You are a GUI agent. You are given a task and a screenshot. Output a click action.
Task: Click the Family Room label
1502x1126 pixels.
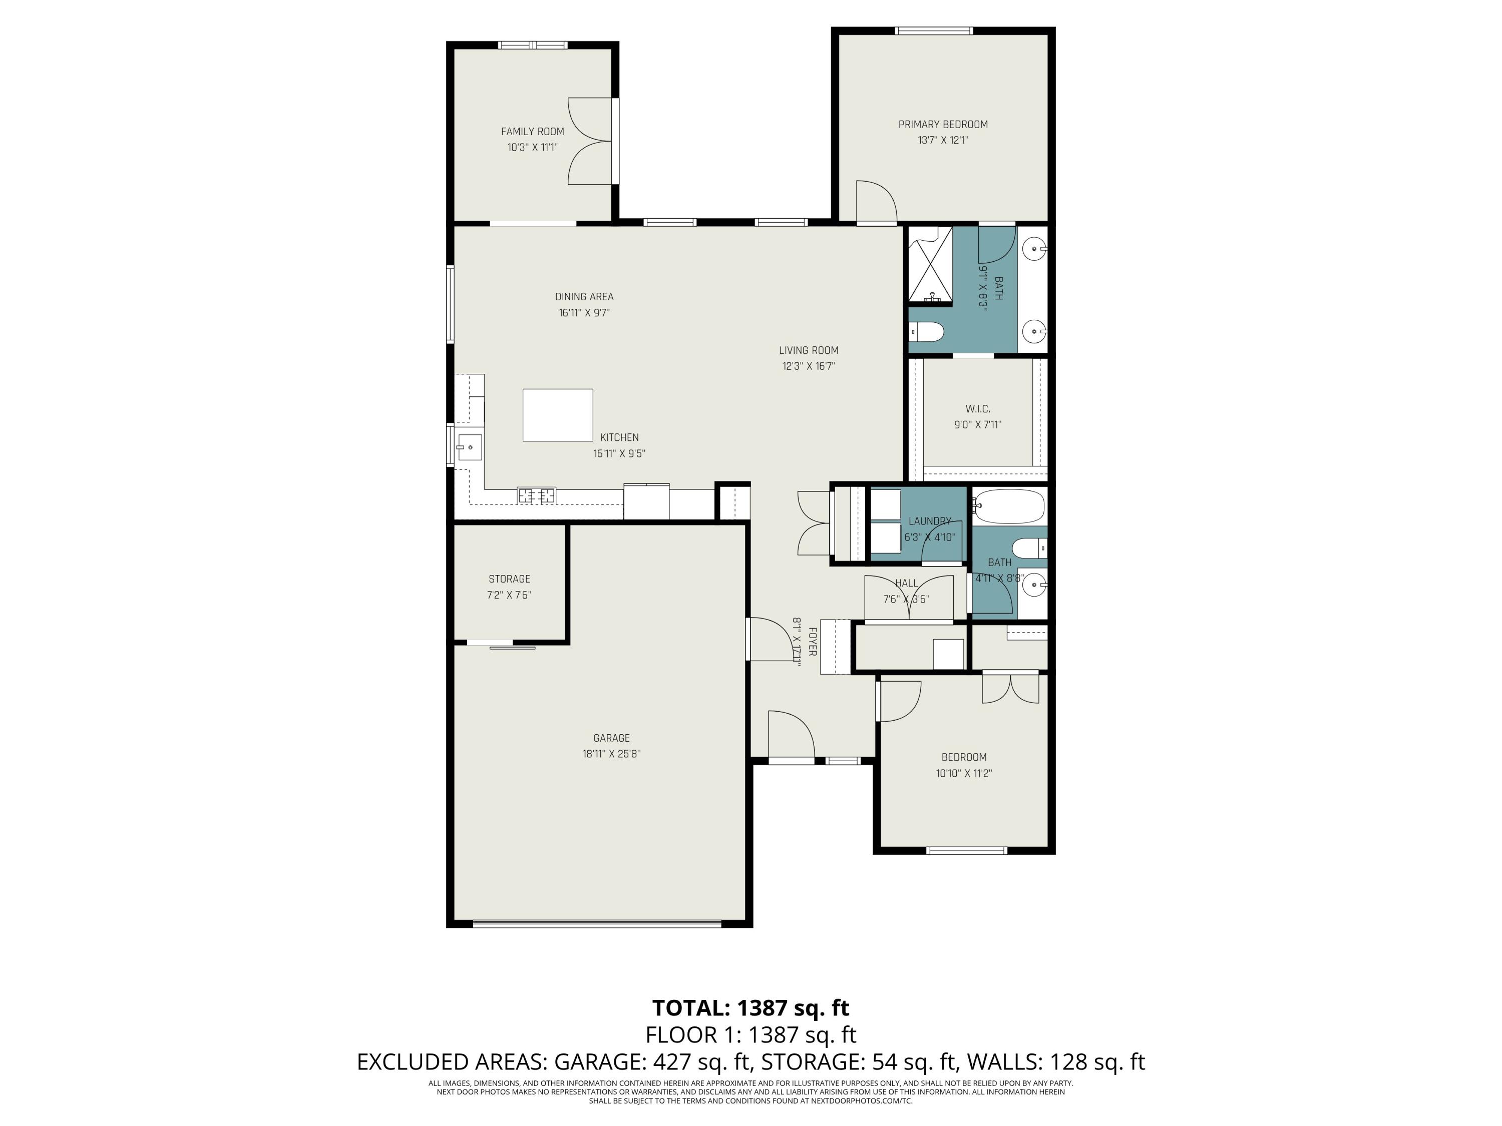tap(532, 132)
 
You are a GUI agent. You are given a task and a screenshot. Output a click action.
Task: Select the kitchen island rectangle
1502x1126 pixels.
tap(557, 415)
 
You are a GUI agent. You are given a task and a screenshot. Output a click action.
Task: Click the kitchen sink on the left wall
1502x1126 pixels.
tap(469, 447)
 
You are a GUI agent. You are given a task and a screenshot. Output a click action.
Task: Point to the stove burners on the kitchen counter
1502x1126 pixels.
tap(536, 495)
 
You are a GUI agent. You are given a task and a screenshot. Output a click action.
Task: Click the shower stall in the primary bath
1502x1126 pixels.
tap(930, 265)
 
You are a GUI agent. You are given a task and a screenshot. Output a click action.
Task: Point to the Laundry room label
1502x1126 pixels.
tap(930, 521)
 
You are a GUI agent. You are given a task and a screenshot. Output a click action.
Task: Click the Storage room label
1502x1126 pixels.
tap(509, 579)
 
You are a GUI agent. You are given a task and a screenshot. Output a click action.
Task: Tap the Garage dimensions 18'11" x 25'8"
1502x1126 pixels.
tap(611, 754)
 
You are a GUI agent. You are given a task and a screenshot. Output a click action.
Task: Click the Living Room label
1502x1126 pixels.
tap(808, 350)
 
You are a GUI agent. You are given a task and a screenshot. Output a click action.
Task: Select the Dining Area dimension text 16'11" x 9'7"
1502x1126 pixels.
tap(584, 313)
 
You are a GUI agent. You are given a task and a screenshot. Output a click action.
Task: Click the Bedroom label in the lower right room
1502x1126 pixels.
tap(964, 758)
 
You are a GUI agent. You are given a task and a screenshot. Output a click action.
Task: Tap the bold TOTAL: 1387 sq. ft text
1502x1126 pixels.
tap(750, 1008)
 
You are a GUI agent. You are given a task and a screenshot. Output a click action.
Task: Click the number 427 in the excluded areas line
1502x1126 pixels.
tap(668, 1061)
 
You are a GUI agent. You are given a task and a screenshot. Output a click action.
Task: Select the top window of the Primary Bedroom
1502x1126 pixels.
tap(934, 31)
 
